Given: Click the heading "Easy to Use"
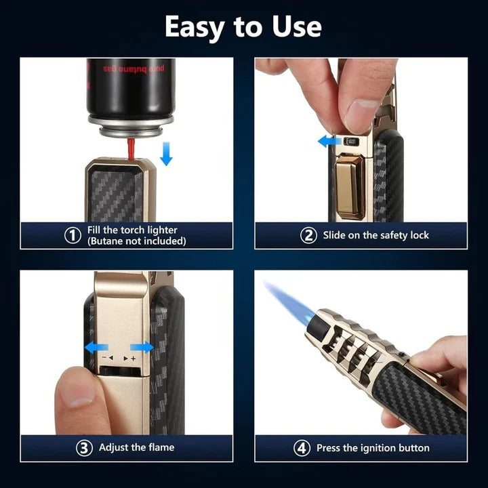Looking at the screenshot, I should pyautogui.click(x=243, y=26).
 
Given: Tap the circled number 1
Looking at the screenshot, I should pyautogui.click(x=73, y=235).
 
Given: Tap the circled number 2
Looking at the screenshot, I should pyautogui.click(x=308, y=235).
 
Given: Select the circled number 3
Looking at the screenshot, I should pyautogui.click(x=83, y=447).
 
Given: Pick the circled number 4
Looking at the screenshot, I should pyautogui.click(x=302, y=448).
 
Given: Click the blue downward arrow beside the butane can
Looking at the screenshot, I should pyautogui.click(x=166, y=154).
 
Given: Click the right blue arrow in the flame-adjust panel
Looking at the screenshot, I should pyautogui.click(x=142, y=347).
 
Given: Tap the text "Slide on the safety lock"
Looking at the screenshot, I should pyautogui.click(x=375, y=235).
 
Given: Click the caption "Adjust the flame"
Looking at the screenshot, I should pyautogui.click(x=136, y=447).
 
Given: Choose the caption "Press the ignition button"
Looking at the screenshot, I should pyautogui.click(x=373, y=448).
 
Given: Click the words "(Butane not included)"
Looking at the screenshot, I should pyautogui.click(x=136, y=241).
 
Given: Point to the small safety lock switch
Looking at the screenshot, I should pyautogui.click(x=351, y=142).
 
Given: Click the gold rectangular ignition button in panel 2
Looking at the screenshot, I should pyautogui.click(x=350, y=185).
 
